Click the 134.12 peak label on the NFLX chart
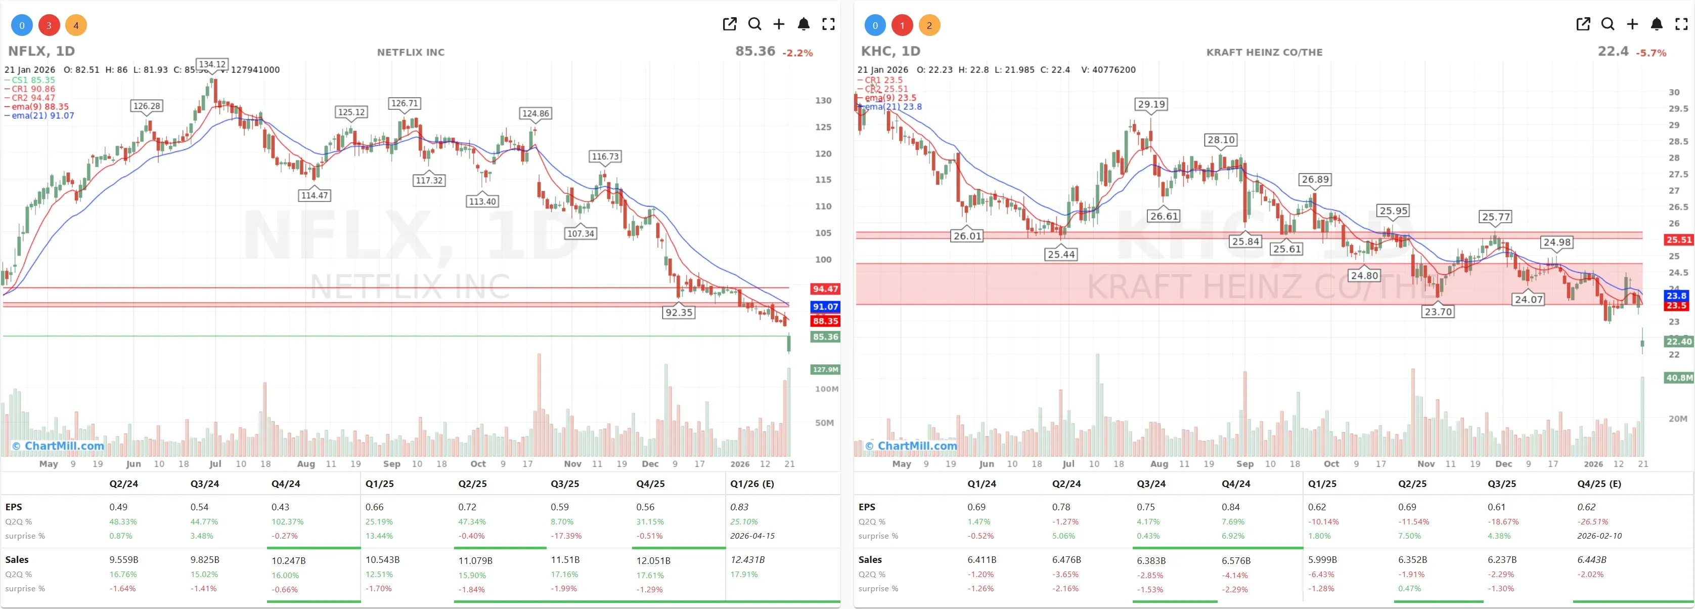212,64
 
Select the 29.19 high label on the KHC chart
1151,104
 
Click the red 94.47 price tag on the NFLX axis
824,289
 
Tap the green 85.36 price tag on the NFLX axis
824,337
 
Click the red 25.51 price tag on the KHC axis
1678,239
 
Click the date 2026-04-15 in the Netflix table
752,536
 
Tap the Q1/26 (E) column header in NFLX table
751,483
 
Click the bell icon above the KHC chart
1656,24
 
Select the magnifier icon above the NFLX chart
755,24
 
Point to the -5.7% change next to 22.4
1652,53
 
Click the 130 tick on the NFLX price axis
823,101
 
